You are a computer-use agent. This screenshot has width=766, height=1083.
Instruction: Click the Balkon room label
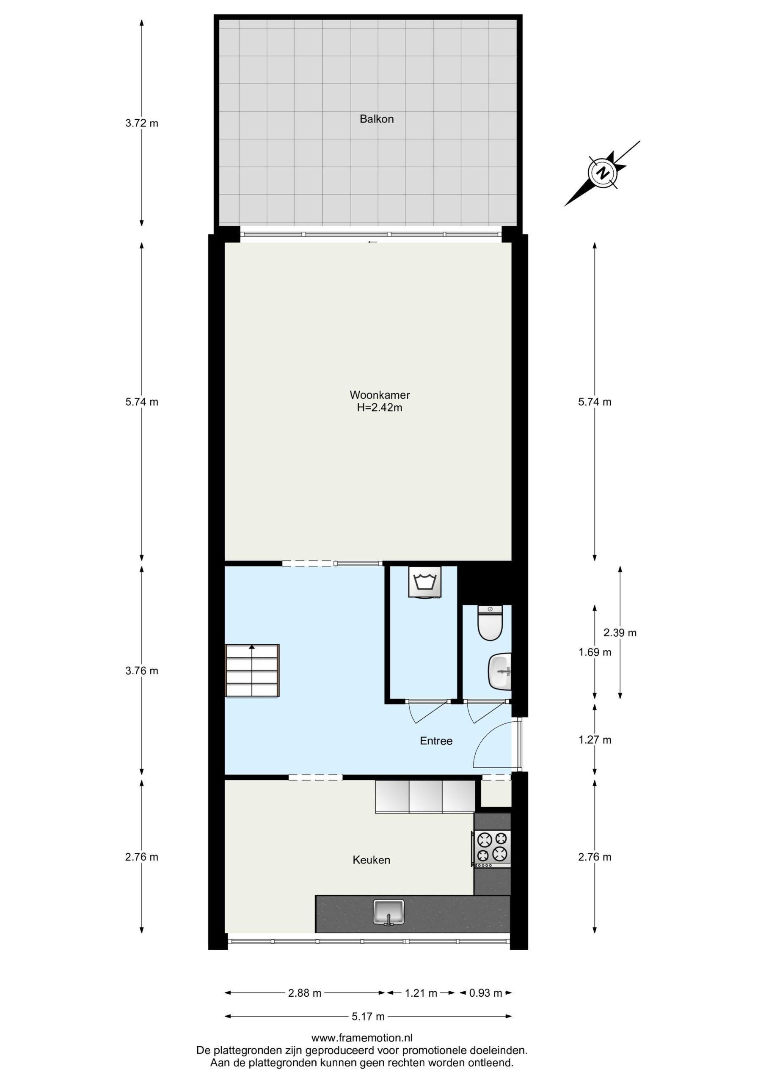click(x=376, y=119)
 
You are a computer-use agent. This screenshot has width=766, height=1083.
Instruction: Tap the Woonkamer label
click(x=380, y=395)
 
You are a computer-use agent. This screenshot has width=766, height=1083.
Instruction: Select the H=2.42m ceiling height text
click(x=380, y=407)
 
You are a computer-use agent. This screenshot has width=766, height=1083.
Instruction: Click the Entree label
click(x=436, y=741)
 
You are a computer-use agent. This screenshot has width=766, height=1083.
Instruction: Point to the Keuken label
click(x=372, y=860)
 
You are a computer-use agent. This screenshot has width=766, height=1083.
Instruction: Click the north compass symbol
click(x=602, y=173)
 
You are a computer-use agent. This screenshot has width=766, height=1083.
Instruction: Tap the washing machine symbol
click(x=425, y=582)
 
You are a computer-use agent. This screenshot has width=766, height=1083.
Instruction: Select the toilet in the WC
click(x=490, y=623)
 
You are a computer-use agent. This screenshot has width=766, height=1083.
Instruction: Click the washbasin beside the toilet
click(x=500, y=671)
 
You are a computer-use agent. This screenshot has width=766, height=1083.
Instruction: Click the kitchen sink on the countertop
click(x=389, y=912)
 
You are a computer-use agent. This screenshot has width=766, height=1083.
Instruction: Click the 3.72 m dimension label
click(x=142, y=124)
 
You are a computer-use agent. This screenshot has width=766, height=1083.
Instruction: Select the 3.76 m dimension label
click(x=142, y=671)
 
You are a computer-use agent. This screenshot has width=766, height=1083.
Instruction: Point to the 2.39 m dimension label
click(x=620, y=632)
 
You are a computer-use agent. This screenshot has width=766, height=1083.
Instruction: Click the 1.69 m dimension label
click(x=595, y=652)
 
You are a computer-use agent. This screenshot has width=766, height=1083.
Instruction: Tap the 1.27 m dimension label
click(x=595, y=740)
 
